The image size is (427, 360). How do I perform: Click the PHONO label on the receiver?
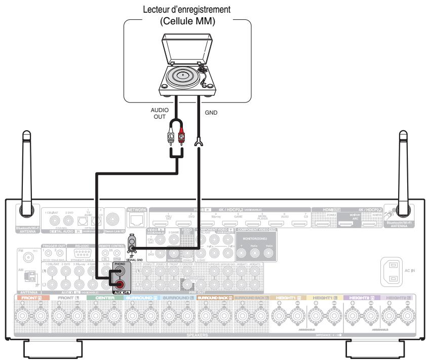[x=121, y=264]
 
